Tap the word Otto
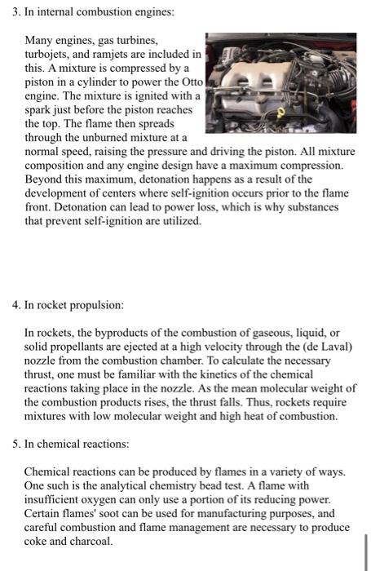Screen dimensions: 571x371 [188, 82]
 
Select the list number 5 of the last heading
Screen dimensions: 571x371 [15, 445]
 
